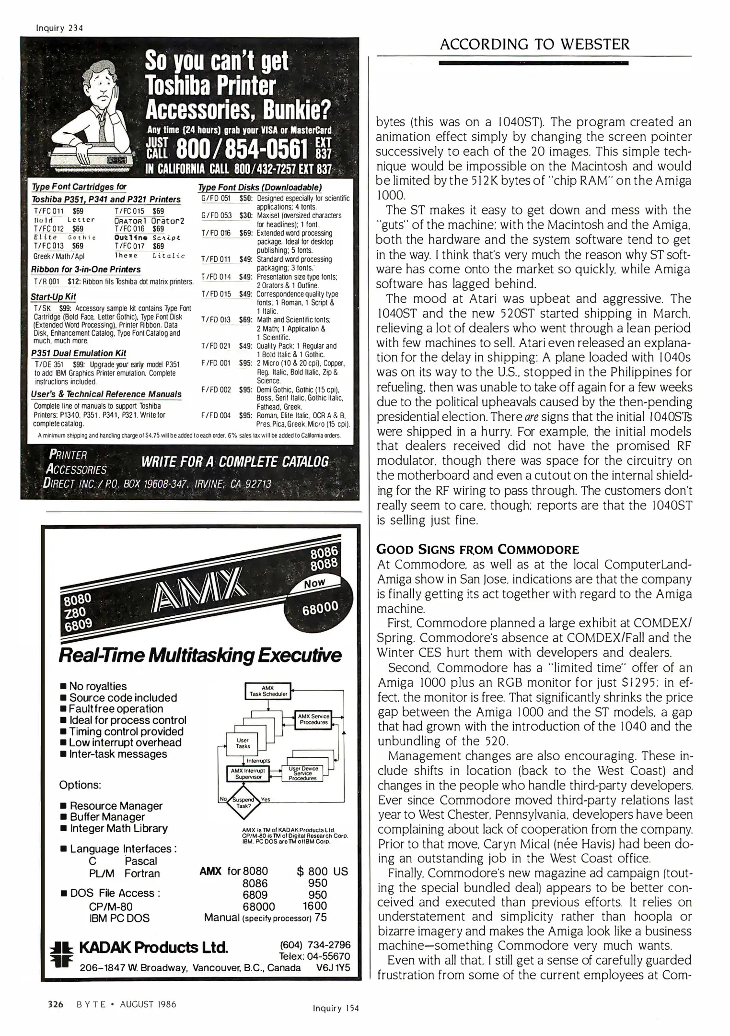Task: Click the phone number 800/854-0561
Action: pyautogui.click(x=242, y=151)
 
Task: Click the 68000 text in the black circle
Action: pyautogui.click(x=320, y=608)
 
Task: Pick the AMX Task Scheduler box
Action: pyautogui.click(x=267, y=691)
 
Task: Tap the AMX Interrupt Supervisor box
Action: pyautogui.click(x=247, y=773)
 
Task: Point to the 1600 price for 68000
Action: pyautogui.click(x=314, y=906)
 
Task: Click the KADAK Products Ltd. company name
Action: pyautogui.click(x=153, y=948)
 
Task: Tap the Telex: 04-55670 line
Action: pyautogui.click(x=314, y=956)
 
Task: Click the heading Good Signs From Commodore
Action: pyautogui.click(x=478, y=549)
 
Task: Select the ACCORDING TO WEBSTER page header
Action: pyautogui.click(x=534, y=45)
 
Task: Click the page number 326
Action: pyautogui.click(x=56, y=1004)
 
